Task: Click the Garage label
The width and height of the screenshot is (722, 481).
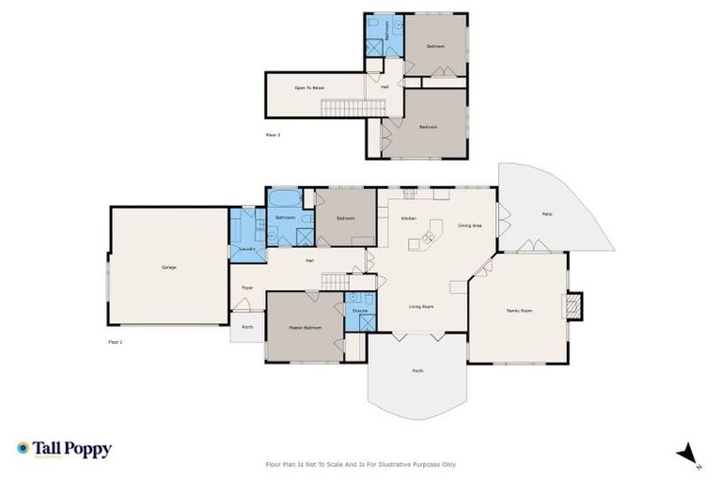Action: point(169,268)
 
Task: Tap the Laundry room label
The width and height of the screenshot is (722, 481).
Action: point(247,249)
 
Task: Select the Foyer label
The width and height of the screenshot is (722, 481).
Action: point(247,287)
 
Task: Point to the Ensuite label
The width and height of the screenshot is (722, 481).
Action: point(359,309)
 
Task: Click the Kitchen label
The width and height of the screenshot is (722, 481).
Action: point(408,219)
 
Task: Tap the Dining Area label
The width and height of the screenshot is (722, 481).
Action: point(470,225)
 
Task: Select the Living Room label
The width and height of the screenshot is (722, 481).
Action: point(420,307)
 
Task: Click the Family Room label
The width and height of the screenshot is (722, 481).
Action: point(519,310)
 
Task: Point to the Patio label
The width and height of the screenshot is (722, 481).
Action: point(546,214)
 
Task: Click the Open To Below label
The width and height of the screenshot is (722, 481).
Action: point(309,87)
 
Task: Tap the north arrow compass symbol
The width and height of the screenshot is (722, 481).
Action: point(689,453)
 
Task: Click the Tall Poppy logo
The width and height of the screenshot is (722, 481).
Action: point(64,449)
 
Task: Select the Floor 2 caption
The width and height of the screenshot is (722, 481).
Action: point(273,135)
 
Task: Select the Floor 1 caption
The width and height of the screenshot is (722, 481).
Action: point(116,342)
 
